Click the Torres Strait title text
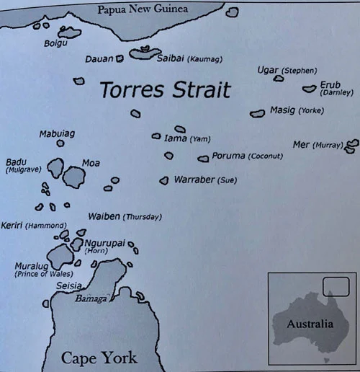(x=166, y=90)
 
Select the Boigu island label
(x=55, y=43)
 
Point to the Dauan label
(x=99, y=58)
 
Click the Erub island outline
(x=310, y=89)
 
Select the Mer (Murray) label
(x=318, y=145)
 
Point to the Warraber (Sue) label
(x=204, y=180)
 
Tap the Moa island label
(x=91, y=163)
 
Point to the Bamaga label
(x=92, y=298)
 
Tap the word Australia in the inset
(x=310, y=324)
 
